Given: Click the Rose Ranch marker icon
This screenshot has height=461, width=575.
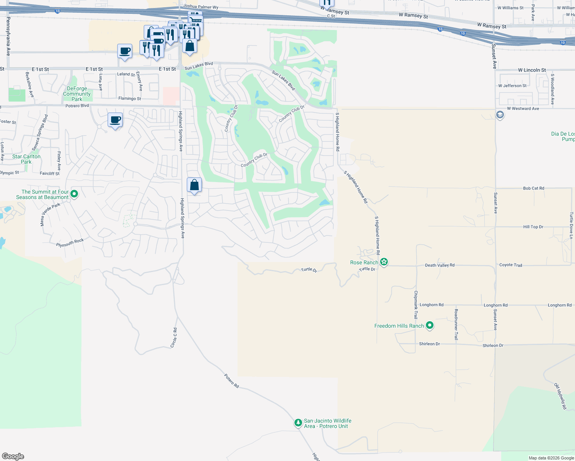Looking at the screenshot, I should pos(384,262).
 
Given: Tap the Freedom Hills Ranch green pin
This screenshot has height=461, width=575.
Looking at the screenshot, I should pos(430,325).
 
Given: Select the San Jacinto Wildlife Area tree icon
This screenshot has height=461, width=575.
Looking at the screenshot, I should pos(298,423).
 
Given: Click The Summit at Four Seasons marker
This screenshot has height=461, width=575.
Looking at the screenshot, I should pos(74,194).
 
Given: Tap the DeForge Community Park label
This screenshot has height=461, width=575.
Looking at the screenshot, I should pos(77,94).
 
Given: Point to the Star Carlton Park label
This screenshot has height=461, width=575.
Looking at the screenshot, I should pos(26,159).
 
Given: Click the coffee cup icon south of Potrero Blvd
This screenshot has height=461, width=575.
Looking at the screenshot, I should pos(115,120).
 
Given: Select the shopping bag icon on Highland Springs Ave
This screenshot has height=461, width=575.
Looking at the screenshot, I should pos(194,185).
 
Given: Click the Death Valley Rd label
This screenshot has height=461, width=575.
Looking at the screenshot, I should pos(440,265).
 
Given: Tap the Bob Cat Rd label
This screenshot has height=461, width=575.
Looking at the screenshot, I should pos(533,188).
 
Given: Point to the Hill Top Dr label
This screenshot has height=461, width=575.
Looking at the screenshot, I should pos(533,227).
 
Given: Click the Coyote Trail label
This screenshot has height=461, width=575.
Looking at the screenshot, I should pos(510,265).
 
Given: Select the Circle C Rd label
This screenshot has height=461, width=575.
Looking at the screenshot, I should pos(174,338).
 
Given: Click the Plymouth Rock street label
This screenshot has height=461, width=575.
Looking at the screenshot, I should pos(70,243).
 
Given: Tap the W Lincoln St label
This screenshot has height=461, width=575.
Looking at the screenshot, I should pos(532,70).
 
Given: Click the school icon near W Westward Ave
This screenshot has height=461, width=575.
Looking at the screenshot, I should pos(500,115).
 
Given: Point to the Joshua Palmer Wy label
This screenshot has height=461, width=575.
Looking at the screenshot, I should pos(201,7).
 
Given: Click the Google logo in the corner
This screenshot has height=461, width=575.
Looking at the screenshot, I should pos(13,456).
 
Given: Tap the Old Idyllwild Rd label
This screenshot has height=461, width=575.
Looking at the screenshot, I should pos(560,396).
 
